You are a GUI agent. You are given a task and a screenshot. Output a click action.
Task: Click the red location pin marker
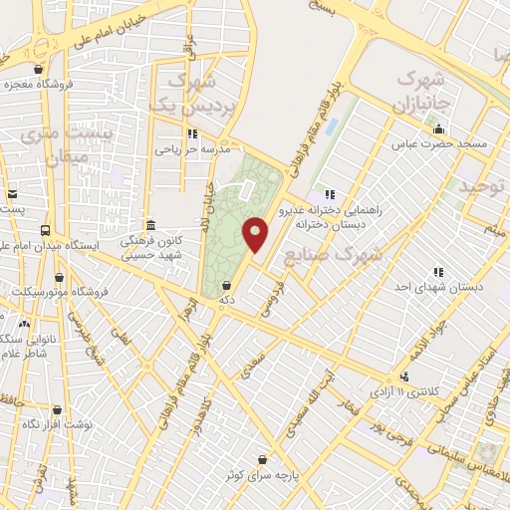256,235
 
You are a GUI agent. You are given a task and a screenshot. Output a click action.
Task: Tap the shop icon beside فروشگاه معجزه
38,70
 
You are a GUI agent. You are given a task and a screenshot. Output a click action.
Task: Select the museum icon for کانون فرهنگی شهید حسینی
150,225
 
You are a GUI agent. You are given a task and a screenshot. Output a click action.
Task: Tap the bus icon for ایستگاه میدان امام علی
45,230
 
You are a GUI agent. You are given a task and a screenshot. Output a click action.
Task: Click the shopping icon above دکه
229,284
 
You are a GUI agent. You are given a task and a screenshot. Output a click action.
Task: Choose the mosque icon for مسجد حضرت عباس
438,128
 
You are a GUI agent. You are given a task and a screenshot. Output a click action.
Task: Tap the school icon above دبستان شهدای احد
438,272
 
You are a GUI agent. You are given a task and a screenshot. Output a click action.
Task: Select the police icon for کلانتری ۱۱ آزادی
404,377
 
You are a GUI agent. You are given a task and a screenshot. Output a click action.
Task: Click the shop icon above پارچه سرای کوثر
262,459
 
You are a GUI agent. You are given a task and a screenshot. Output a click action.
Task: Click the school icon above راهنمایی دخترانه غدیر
329,194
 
